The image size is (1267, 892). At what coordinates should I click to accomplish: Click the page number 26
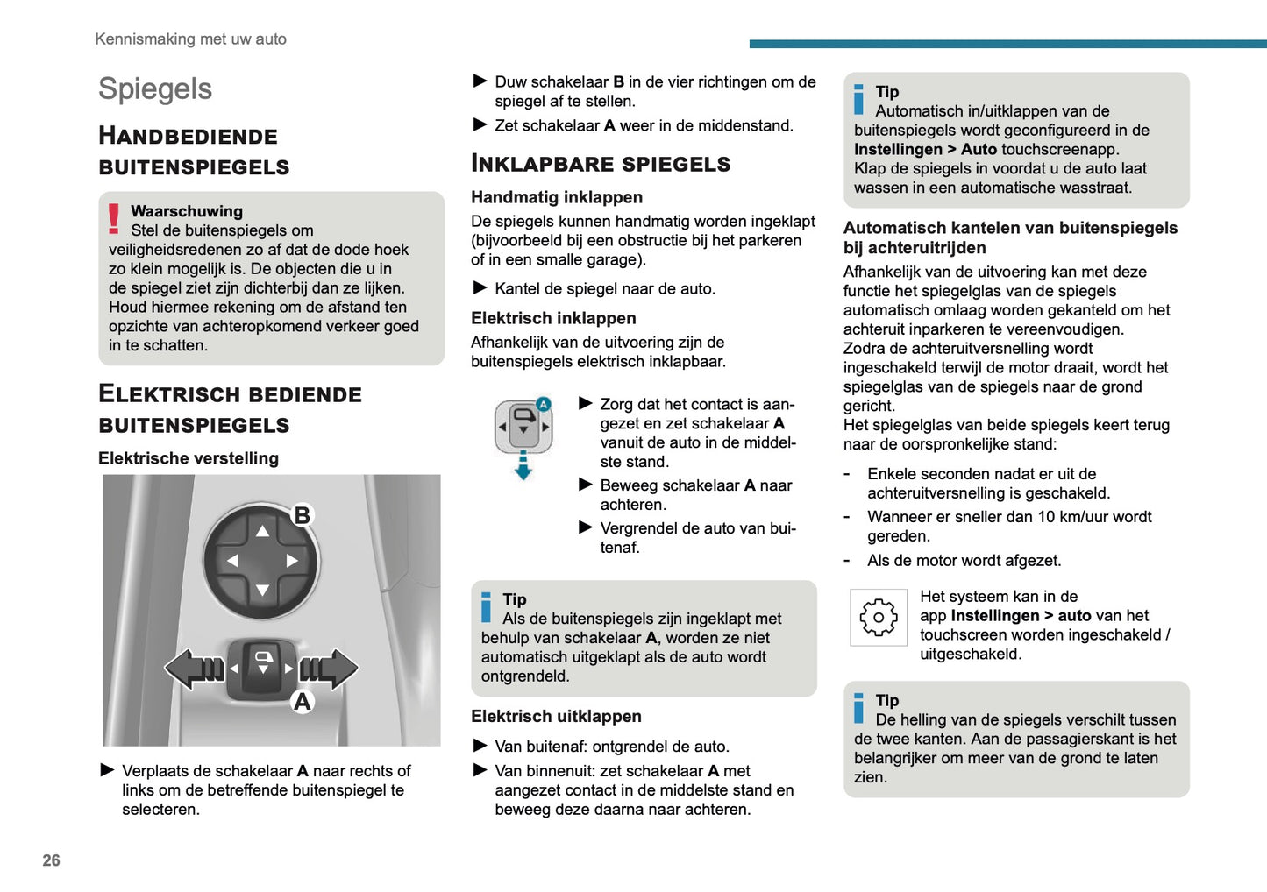(51, 860)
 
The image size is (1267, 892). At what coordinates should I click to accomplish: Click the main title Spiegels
(155, 88)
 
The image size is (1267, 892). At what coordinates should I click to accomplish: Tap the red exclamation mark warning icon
(114, 218)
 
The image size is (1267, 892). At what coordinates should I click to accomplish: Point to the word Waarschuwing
(187, 211)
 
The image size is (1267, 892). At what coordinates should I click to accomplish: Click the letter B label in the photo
(302, 515)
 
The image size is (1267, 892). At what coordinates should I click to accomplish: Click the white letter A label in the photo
(302, 701)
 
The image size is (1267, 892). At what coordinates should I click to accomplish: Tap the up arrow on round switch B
(262, 531)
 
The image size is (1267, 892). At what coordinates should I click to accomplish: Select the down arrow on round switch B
(262, 591)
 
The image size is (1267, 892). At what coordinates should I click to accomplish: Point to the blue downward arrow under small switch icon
(523, 466)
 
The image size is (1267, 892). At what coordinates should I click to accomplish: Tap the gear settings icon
(878, 618)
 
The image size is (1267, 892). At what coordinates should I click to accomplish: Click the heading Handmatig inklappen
(557, 197)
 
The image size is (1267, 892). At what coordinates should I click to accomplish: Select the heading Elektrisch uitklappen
(556, 717)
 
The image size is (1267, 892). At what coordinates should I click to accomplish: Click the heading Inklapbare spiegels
(601, 164)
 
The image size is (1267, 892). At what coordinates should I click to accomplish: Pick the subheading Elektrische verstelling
(189, 458)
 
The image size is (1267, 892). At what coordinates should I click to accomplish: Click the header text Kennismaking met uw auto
(190, 39)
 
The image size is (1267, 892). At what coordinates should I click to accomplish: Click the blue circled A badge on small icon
(543, 404)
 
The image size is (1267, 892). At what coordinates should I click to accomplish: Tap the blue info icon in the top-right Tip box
(859, 99)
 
